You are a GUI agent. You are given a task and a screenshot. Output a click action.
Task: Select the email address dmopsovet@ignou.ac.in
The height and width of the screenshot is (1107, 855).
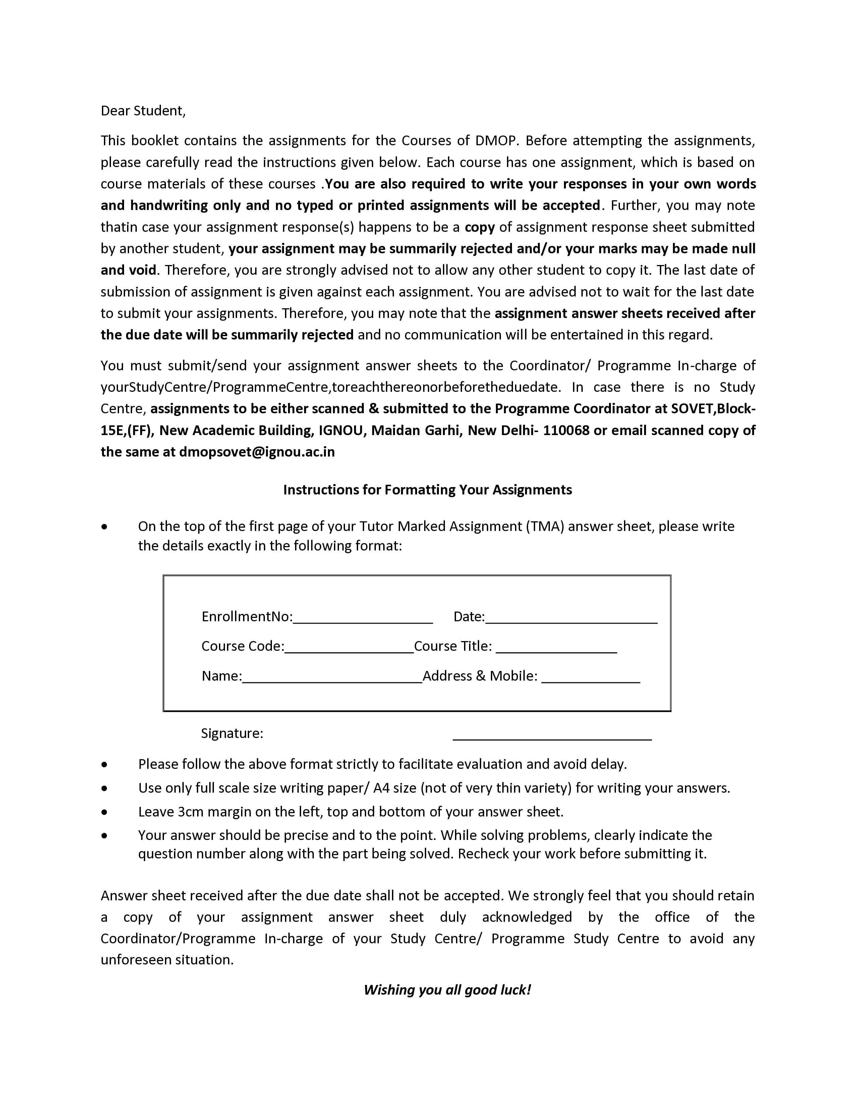point(257,452)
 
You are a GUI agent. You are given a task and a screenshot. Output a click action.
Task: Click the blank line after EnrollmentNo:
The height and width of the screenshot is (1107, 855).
point(363,618)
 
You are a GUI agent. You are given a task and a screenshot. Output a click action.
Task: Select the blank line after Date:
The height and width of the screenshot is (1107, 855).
point(571,618)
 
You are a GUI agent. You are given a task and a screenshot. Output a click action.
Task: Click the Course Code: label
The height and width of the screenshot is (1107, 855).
point(243,646)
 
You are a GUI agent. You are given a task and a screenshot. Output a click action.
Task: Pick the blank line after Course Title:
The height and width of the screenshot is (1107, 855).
point(556,648)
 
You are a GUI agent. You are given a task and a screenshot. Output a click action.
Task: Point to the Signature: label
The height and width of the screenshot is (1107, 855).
point(232,733)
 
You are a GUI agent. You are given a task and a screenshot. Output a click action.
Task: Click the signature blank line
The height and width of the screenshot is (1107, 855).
point(552,738)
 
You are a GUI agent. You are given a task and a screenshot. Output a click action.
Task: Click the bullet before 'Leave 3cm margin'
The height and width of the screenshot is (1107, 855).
point(104,812)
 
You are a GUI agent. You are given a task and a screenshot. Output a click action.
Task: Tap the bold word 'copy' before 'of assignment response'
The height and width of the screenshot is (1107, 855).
point(479,227)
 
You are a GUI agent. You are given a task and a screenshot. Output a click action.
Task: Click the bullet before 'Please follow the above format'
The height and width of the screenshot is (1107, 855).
point(104,765)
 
